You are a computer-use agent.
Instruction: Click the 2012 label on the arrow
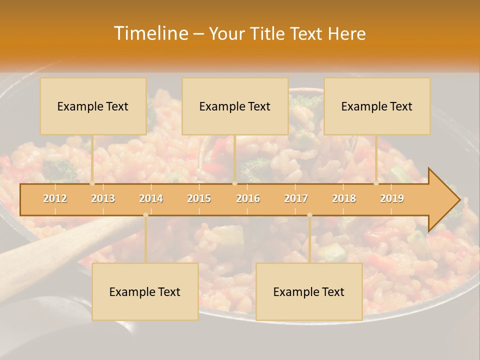point(55,198)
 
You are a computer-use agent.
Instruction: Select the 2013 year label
point(103,198)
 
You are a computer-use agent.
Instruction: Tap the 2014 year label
point(151,198)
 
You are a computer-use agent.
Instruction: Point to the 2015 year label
point(199,198)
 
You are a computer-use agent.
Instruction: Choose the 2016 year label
point(248,198)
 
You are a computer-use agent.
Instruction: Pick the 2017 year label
point(296,198)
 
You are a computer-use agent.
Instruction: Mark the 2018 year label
point(344,198)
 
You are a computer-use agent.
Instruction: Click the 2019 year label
point(392,198)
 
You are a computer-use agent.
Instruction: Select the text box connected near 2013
point(93,106)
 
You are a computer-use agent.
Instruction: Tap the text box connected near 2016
point(235,106)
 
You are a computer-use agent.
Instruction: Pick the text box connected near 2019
point(377,106)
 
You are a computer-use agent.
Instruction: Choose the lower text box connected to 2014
point(145,291)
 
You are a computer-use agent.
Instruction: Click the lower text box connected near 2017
point(309,291)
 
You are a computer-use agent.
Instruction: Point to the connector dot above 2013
point(92,183)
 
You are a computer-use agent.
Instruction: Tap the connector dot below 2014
point(145,215)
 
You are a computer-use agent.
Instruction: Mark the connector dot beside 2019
point(376,183)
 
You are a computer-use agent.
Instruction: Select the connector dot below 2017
point(309,215)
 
